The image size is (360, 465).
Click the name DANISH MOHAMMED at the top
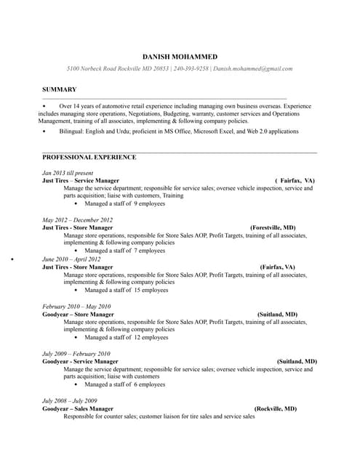[x=180, y=57]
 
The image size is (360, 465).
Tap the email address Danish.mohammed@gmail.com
[x=252, y=68]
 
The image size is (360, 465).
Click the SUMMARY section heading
[x=59, y=89]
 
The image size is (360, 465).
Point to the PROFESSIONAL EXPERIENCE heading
[x=89, y=157]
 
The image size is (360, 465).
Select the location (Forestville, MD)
[x=273, y=227]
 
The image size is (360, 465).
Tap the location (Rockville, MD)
[x=276, y=409]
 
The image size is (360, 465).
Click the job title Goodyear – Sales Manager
[x=78, y=409]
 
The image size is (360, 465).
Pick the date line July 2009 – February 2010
[x=76, y=354]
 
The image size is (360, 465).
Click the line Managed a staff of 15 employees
[x=126, y=290]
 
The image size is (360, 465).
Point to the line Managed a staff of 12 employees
[x=126, y=337]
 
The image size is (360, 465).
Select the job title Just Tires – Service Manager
[x=81, y=180]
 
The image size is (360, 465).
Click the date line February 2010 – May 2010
[x=76, y=307]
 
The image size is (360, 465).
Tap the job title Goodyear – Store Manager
[x=78, y=315]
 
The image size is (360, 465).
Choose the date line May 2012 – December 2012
[x=77, y=219]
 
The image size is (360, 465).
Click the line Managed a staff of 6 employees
[x=124, y=384]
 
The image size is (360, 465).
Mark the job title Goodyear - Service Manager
[x=80, y=361]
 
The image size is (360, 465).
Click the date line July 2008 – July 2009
[x=70, y=401]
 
